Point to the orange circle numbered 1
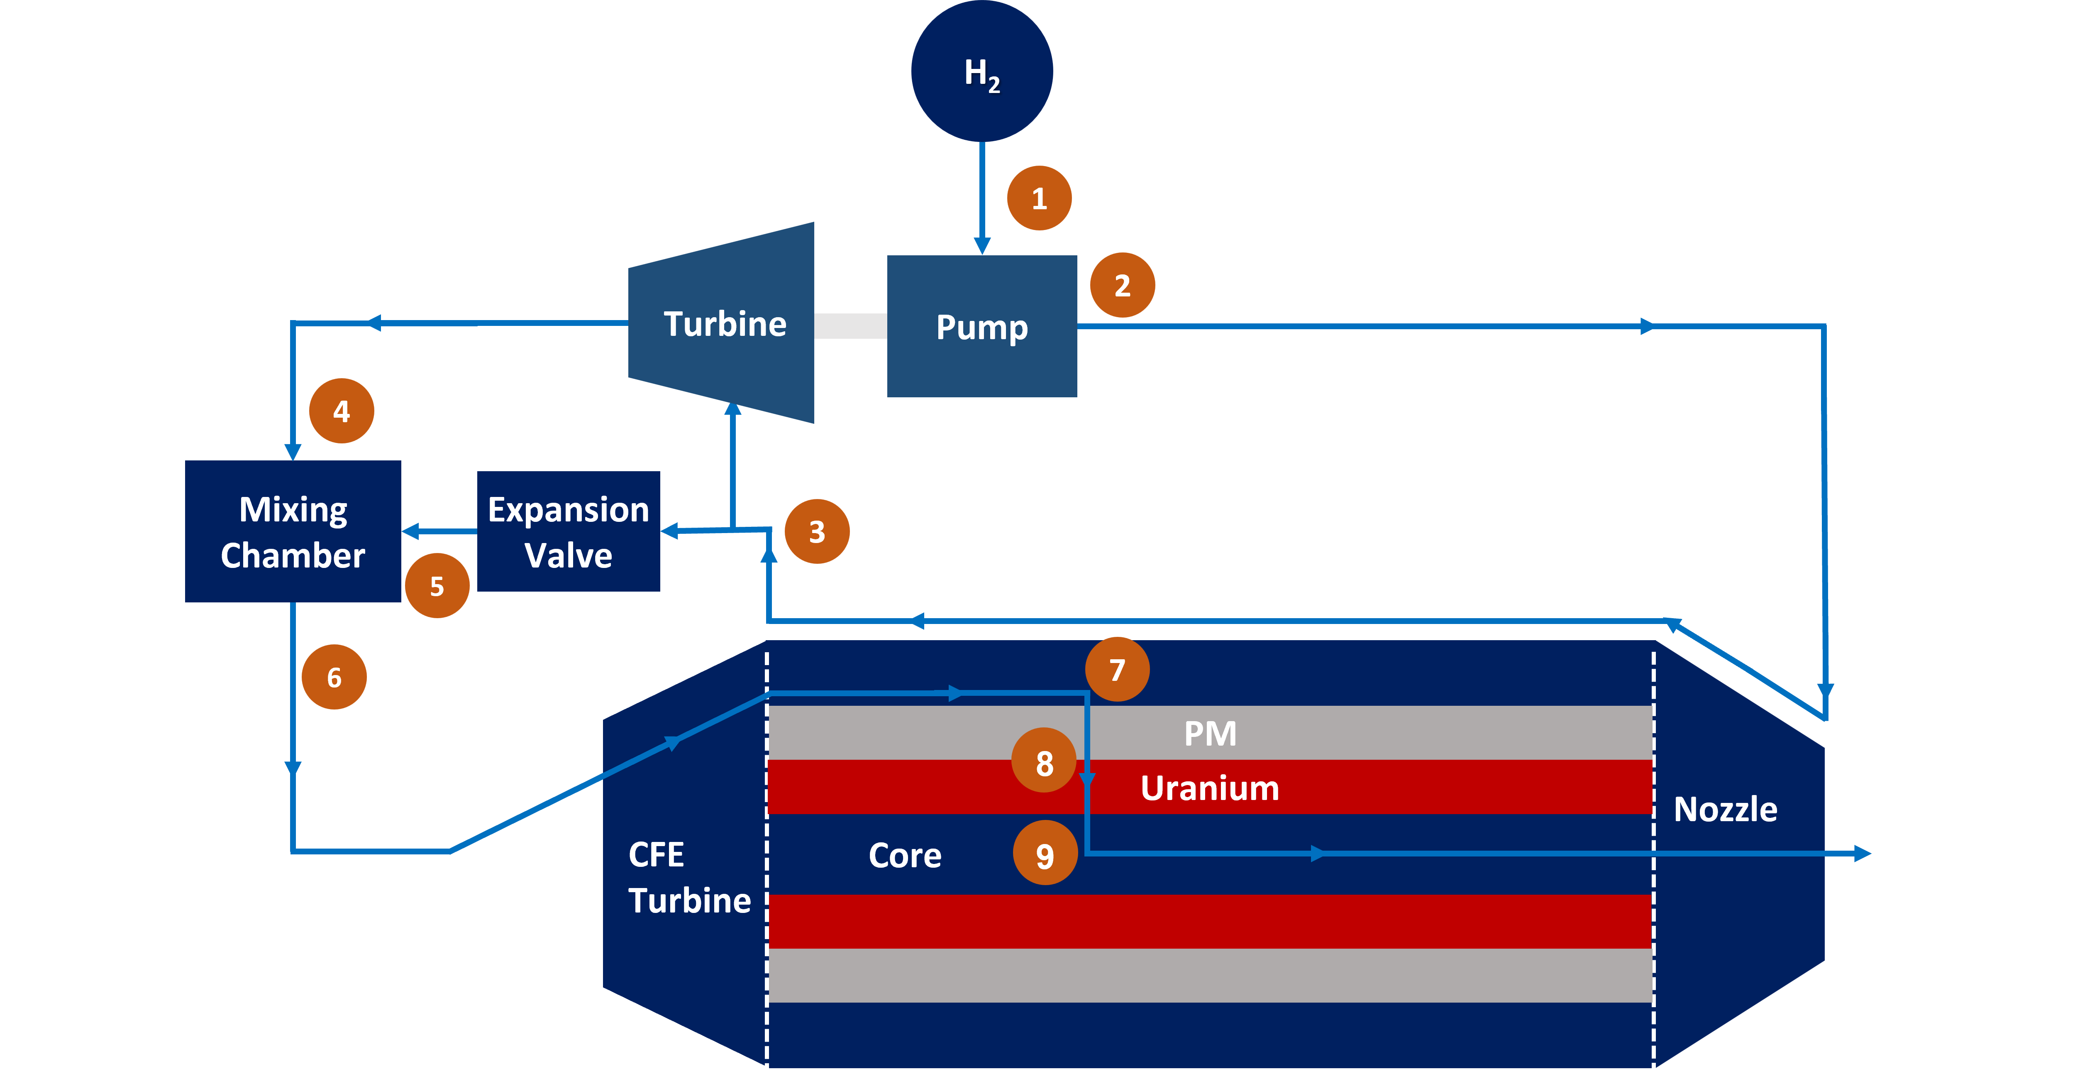click(1039, 198)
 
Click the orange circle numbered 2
click(1122, 285)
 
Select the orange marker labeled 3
click(817, 532)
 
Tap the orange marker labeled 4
click(342, 411)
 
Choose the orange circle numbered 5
click(437, 586)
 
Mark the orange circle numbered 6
click(334, 677)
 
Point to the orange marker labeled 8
click(1044, 761)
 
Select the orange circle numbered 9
click(1045, 854)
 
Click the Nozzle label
click(1725, 809)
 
